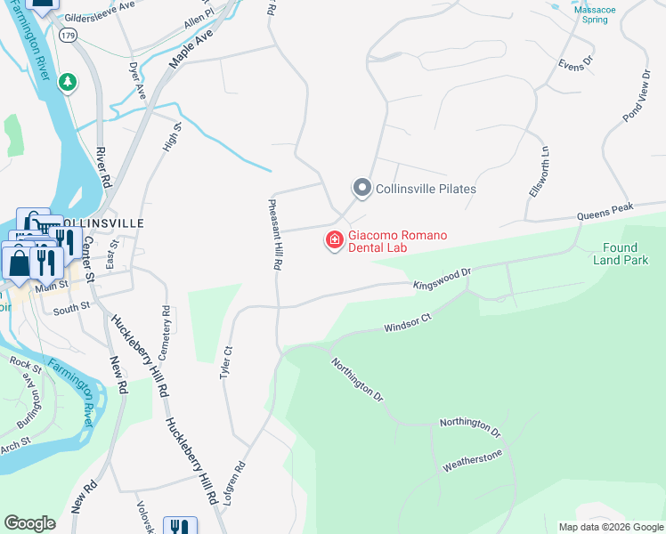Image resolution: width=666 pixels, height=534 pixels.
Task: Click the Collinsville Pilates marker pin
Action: (x=361, y=188)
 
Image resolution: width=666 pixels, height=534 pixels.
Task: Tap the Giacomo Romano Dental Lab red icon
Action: (x=335, y=239)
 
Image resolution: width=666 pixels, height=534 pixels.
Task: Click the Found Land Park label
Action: (x=620, y=254)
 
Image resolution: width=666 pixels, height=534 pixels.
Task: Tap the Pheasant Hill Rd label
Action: (x=275, y=234)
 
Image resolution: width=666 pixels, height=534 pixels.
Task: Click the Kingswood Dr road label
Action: (x=441, y=279)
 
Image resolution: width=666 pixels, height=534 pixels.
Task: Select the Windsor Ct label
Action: (x=407, y=322)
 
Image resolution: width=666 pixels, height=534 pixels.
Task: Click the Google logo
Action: (x=29, y=523)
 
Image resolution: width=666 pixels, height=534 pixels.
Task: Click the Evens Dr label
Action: (x=576, y=64)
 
